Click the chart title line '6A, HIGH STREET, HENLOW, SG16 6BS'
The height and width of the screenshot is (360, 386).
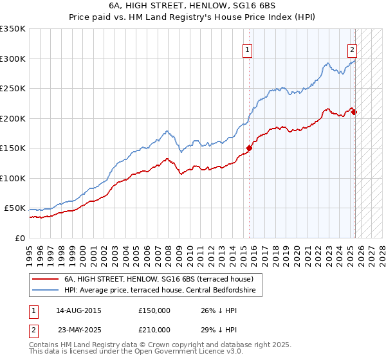pyautogui.click(x=193, y=6)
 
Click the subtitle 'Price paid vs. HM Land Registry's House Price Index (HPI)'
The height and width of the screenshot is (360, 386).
pyautogui.click(x=193, y=17)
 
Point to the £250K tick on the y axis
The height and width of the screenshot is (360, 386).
pyautogui.click(x=12, y=89)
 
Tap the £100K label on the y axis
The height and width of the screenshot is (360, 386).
pyautogui.click(x=12, y=178)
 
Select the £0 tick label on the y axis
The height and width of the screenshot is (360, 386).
pyautogui.click(x=20, y=238)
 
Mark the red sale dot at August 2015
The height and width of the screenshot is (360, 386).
pyautogui.click(x=249, y=148)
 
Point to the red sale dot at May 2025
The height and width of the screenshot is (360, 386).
pyautogui.click(x=354, y=113)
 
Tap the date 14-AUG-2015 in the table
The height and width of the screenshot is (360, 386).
pyautogui.click(x=79, y=310)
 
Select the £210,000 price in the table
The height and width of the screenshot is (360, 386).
pyautogui.click(x=154, y=330)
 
